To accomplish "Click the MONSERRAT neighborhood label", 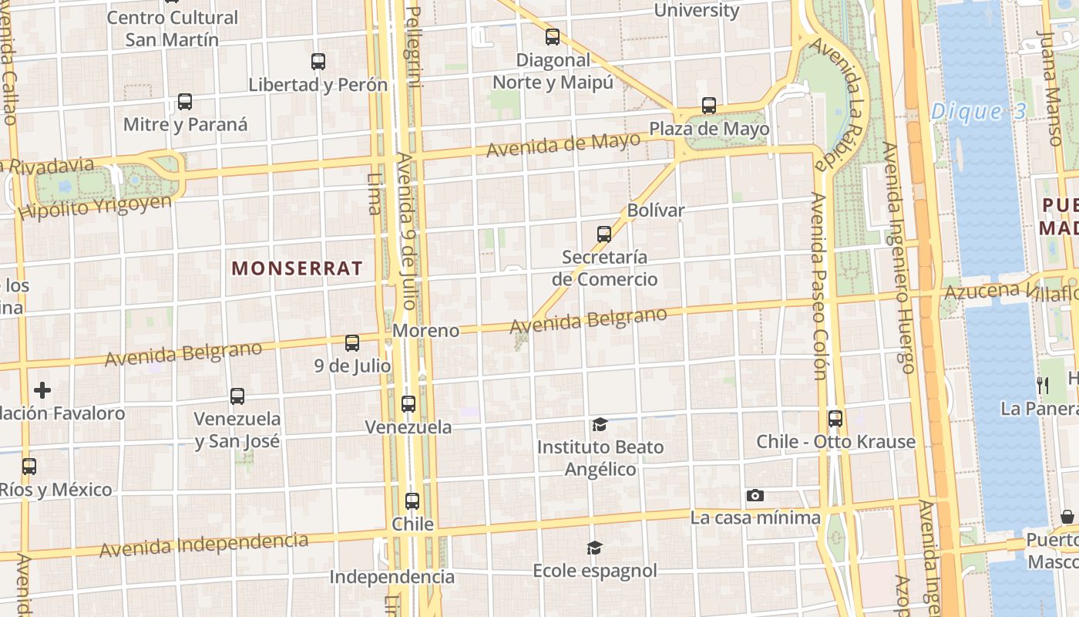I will (x=297, y=268).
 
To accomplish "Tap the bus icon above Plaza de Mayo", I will (x=709, y=106).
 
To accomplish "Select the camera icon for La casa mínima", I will (x=755, y=495).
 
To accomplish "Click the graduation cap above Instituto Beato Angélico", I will (x=600, y=424).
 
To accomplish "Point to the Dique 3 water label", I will (x=979, y=112).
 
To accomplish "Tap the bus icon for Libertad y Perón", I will (x=318, y=62).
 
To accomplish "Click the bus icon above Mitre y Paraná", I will (x=185, y=102).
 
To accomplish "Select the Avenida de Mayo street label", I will (x=563, y=143).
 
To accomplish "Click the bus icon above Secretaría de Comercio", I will (x=604, y=234).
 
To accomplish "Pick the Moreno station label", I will (x=425, y=331).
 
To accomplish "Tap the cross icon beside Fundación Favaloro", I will (x=42, y=390).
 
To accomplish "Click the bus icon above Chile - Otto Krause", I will (x=835, y=419).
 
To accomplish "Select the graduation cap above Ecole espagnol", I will (x=594, y=548).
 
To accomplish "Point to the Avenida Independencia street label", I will (x=203, y=545).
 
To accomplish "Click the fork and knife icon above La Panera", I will (x=1043, y=386).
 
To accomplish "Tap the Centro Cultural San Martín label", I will (x=172, y=28).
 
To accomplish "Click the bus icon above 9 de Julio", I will (x=352, y=343).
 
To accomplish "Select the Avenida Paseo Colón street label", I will (x=818, y=285).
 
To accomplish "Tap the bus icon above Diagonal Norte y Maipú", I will (x=553, y=37).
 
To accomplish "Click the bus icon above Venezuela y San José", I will (x=237, y=396).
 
